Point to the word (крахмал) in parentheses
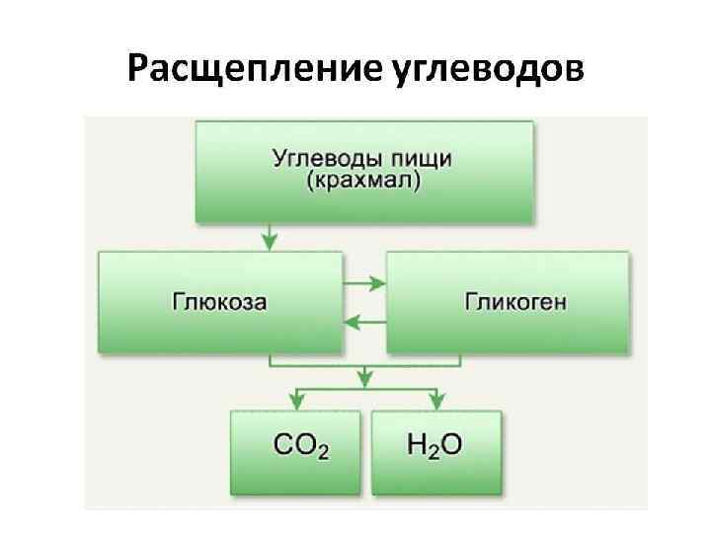(x=363, y=183)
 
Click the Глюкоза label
(x=219, y=301)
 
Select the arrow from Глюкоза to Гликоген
(x=364, y=284)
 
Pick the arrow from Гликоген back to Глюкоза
(x=364, y=321)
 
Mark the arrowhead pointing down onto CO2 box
(x=295, y=400)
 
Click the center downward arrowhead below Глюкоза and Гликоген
(x=365, y=378)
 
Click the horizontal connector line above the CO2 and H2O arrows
(x=365, y=389)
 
